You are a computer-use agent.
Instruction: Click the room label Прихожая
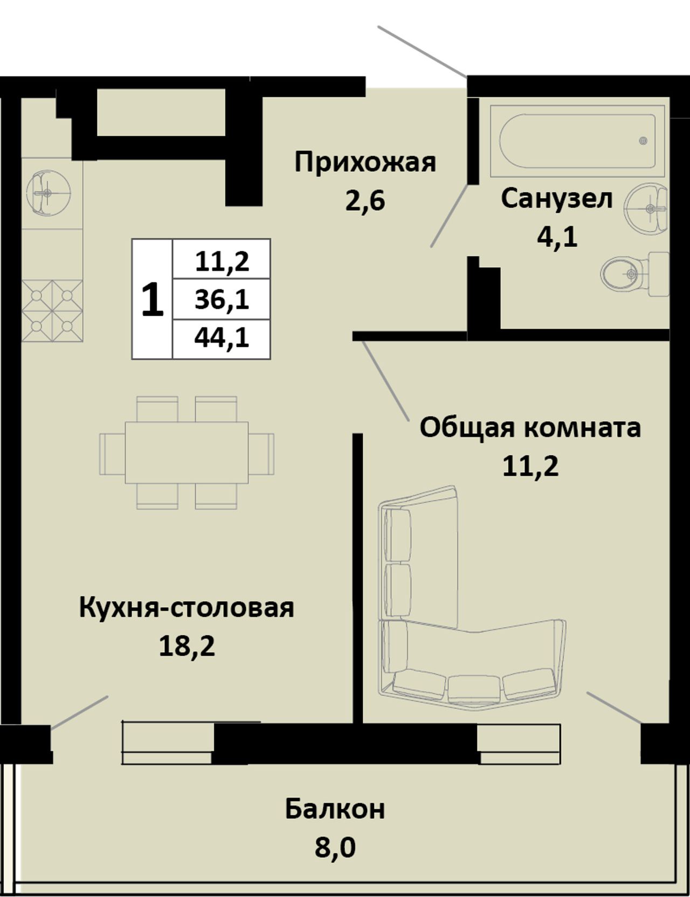(365, 163)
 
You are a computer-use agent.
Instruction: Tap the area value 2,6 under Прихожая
(365, 201)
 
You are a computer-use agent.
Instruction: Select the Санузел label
(557, 199)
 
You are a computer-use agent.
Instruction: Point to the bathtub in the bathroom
(577, 141)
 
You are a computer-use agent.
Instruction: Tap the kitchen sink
(47, 192)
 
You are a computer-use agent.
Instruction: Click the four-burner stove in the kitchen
(52, 311)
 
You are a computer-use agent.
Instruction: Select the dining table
(187, 453)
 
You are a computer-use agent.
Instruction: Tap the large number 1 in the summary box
(152, 300)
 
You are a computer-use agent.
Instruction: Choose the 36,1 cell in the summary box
(222, 300)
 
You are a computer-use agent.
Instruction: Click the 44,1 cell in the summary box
(222, 338)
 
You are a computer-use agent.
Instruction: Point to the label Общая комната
(530, 428)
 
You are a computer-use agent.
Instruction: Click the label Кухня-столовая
(187, 608)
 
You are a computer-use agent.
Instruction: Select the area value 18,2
(187, 645)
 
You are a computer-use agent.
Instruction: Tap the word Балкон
(335, 809)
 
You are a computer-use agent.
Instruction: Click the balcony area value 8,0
(335, 847)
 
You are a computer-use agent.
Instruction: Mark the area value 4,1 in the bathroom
(557, 236)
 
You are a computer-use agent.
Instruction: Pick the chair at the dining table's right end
(261, 453)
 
